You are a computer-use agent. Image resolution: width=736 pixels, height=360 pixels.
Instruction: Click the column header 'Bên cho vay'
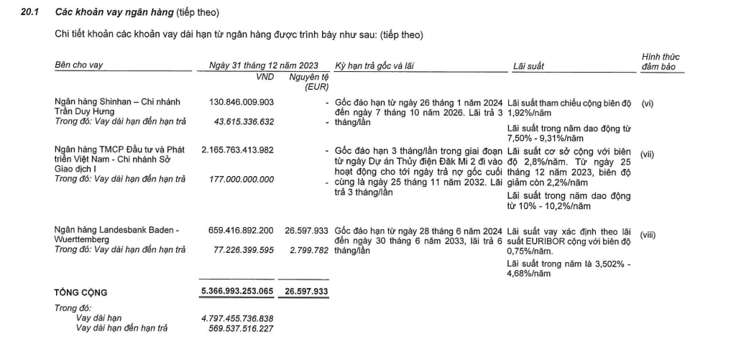coord(79,65)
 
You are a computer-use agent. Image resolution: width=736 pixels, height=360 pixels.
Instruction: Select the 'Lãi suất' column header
coord(528,66)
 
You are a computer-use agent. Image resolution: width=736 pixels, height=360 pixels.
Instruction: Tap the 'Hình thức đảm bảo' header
coord(660,61)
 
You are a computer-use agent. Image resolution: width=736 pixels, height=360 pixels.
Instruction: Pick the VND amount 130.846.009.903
coord(241,103)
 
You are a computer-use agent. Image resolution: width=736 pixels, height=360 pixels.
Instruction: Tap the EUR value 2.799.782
coord(309,250)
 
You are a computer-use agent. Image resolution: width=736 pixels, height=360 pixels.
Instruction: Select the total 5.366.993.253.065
coord(236,292)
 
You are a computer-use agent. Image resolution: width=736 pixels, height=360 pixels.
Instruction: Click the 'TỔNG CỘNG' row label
coord(80,292)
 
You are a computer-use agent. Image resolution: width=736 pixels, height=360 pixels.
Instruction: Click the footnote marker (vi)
coord(647,103)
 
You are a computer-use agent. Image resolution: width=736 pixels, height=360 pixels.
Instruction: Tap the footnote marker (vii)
coord(648,154)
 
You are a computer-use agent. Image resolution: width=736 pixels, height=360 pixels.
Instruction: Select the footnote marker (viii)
coord(648,234)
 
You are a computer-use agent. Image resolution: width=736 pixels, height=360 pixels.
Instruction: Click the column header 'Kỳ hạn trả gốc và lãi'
coord(374,65)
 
